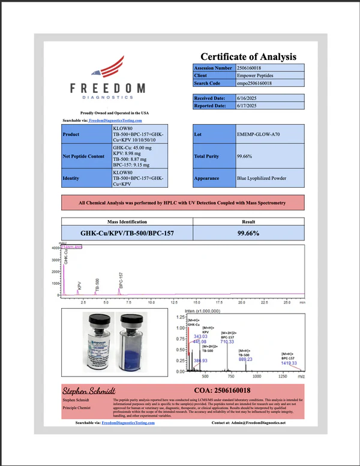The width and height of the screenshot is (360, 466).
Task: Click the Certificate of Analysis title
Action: (248, 57)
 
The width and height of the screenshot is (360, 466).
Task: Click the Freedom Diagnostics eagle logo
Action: (108, 69)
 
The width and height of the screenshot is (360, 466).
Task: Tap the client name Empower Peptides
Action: (257, 76)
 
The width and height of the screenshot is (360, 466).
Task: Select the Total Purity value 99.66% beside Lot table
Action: (245, 157)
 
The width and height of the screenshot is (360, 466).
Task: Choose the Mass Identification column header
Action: (118, 221)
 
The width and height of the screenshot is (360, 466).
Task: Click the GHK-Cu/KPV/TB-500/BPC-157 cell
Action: (118, 232)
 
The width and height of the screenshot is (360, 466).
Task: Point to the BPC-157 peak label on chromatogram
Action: (121, 279)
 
